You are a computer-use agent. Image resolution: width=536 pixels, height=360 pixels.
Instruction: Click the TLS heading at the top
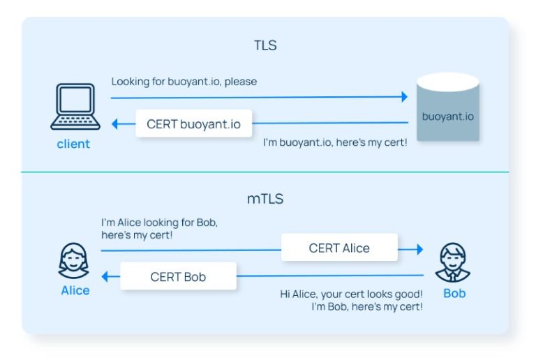pyautogui.click(x=265, y=46)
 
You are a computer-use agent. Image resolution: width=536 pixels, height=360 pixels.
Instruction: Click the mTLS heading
pyautogui.click(x=265, y=198)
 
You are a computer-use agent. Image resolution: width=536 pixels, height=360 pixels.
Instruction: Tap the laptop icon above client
pyautogui.click(x=73, y=107)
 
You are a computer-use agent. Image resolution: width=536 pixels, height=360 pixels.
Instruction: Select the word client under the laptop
pyautogui.click(x=73, y=144)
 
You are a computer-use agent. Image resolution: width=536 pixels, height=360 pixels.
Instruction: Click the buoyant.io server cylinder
pyautogui.click(x=447, y=108)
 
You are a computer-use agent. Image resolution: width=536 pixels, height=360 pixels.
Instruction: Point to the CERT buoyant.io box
pyautogui.click(x=193, y=124)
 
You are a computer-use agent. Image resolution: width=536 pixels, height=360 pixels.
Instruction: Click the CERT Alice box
pyautogui.click(x=339, y=248)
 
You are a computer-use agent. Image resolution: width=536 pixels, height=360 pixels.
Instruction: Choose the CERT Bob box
pyautogui.click(x=178, y=277)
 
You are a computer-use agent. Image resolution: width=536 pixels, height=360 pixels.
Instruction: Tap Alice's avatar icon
pyautogui.click(x=74, y=261)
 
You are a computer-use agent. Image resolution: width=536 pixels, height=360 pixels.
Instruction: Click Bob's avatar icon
pyautogui.click(x=454, y=262)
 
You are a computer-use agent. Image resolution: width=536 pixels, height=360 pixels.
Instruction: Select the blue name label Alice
pyautogui.click(x=75, y=290)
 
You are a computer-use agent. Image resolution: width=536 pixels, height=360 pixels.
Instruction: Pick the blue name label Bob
pyautogui.click(x=454, y=293)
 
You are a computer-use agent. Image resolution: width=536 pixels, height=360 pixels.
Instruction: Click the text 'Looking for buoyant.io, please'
pyautogui.click(x=184, y=82)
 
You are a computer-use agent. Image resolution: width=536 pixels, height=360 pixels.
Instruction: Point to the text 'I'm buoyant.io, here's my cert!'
pyautogui.click(x=335, y=142)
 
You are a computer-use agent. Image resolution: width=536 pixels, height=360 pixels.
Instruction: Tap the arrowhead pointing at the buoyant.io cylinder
pyautogui.click(x=403, y=98)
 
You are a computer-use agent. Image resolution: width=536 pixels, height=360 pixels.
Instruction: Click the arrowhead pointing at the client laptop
pyautogui.click(x=115, y=124)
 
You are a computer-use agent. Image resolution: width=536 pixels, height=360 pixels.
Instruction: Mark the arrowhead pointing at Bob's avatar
pyautogui.click(x=419, y=248)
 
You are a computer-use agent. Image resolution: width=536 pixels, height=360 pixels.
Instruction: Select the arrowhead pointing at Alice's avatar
pyautogui.click(x=105, y=277)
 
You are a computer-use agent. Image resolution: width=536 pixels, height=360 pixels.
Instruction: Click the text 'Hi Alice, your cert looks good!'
pyautogui.click(x=351, y=294)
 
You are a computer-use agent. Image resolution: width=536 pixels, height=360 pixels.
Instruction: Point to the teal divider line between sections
pyautogui.click(x=265, y=172)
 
